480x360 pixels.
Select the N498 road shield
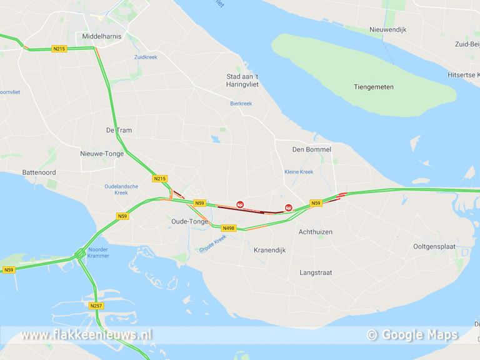pos(228,228)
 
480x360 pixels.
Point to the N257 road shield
pos(96,306)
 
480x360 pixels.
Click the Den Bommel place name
pos(312,150)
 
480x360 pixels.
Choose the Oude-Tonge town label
pos(190,221)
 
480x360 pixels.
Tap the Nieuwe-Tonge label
pos(102,154)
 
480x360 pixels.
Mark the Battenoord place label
pos(39,172)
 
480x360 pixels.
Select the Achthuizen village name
pos(316,232)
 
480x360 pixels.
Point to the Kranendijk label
pos(269,250)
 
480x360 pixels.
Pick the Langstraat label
pos(316,272)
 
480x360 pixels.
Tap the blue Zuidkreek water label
pos(146,57)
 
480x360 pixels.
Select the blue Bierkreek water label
pos(241,104)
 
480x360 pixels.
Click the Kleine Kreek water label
pos(299,172)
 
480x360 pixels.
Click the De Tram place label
pos(119,131)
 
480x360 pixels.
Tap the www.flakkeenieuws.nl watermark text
pos(86,335)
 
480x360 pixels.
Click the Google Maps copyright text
pos(412,335)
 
